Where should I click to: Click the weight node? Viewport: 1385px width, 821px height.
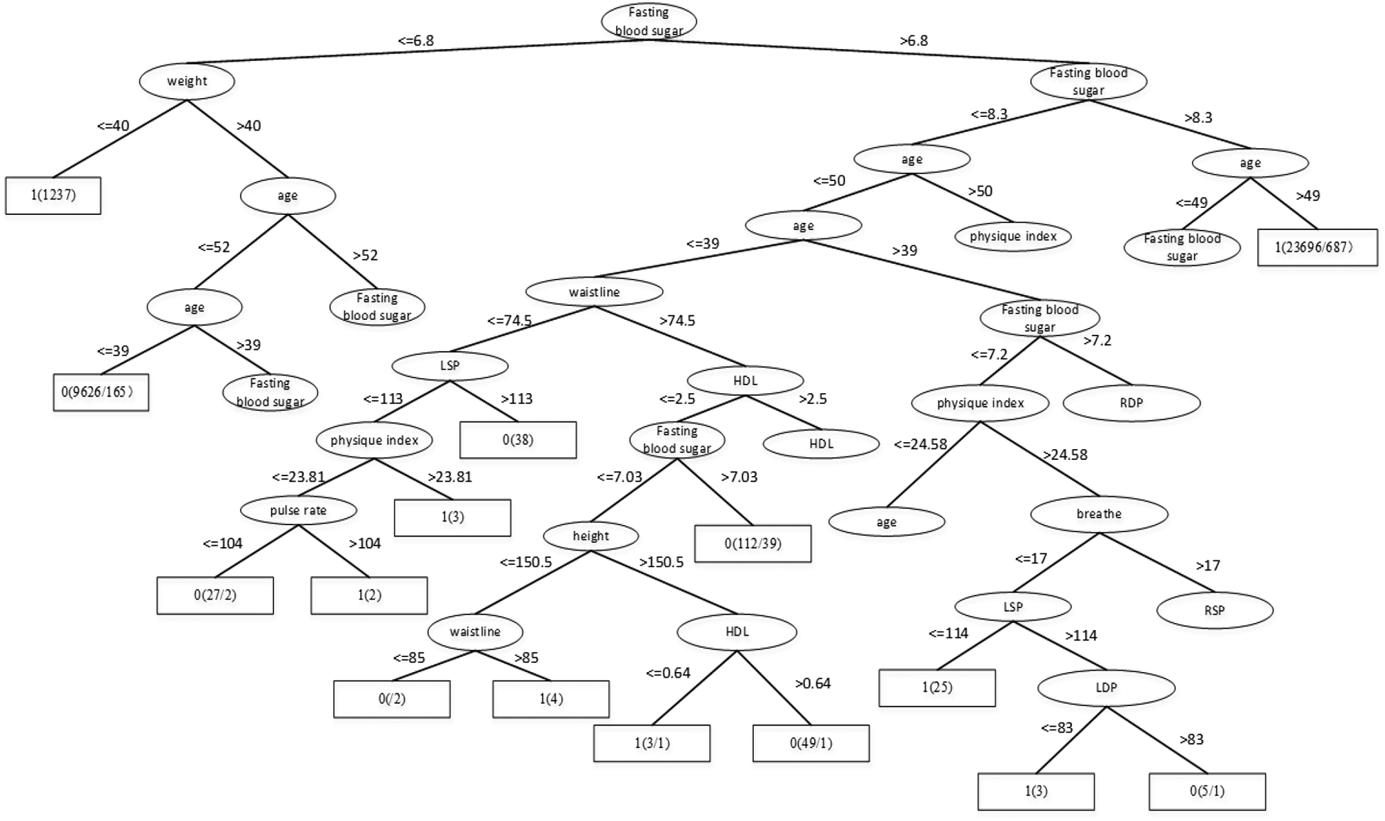tap(187, 81)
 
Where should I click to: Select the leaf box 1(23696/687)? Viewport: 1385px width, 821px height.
tap(1317, 247)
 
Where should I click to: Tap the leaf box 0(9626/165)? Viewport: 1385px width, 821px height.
tap(101, 392)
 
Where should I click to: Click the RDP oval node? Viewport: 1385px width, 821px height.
tap(1131, 403)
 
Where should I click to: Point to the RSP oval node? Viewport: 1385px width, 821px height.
tap(1214, 610)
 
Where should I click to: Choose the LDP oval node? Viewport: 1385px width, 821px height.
tap(1105, 687)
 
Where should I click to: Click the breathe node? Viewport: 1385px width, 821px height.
tap(1098, 514)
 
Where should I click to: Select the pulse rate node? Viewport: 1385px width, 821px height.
tap(298, 510)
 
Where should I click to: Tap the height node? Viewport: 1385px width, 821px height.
tap(591, 536)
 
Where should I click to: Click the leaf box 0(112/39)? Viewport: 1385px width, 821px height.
tap(752, 544)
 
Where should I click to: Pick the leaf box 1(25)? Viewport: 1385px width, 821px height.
tap(936, 687)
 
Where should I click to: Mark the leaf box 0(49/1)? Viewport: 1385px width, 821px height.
tap(811, 743)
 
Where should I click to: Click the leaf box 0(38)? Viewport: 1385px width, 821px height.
tap(518, 440)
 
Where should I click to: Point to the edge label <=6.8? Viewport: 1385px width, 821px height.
tap(415, 40)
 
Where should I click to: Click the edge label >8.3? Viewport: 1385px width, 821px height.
tap(1198, 118)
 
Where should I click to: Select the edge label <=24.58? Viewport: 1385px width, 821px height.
tap(920, 444)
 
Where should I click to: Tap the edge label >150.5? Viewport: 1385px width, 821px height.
tap(661, 562)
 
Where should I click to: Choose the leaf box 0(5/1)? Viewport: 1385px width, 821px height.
tap(1207, 790)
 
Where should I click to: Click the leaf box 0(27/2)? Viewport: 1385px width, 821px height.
tap(215, 595)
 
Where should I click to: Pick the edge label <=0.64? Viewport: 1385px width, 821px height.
tap(668, 673)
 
